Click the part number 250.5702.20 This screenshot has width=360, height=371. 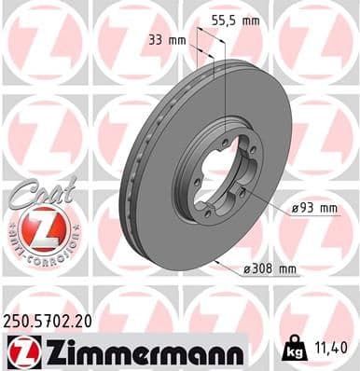click(x=58, y=320)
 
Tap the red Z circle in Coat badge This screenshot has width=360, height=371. click(x=38, y=227)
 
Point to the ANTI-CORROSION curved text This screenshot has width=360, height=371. click(x=38, y=252)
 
